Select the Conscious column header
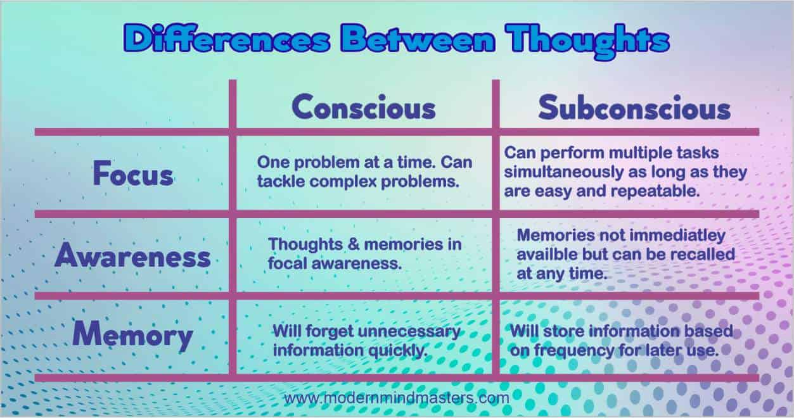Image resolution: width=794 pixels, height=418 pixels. click(x=364, y=107)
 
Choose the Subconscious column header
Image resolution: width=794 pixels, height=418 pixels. click(x=634, y=108)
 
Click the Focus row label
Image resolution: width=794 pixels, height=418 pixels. click(x=133, y=174)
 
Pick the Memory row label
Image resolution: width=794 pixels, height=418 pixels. click(x=132, y=334)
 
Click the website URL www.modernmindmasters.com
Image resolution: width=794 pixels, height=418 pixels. click(x=397, y=398)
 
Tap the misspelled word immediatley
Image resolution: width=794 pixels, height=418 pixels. click(x=672, y=236)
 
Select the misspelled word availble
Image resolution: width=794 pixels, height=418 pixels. click(x=547, y=255)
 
